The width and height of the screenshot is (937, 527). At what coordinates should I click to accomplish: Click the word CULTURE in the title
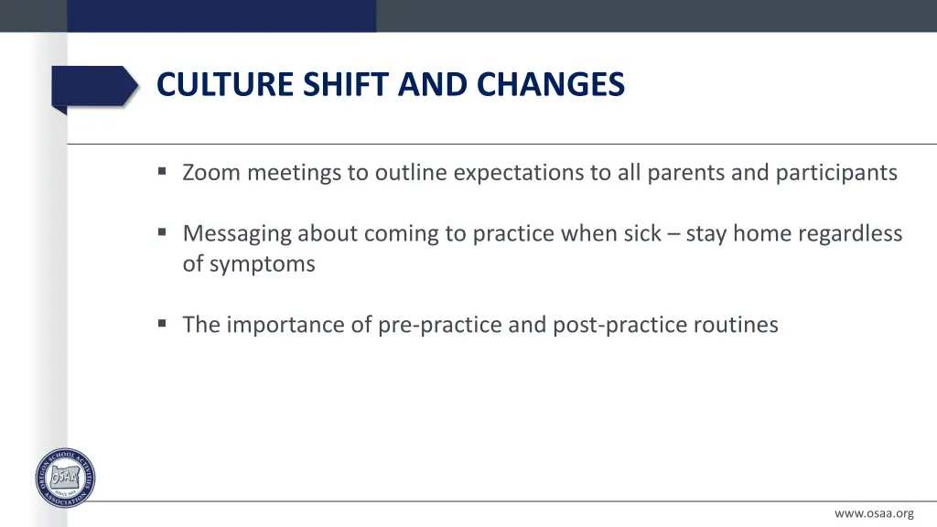coord(225,84)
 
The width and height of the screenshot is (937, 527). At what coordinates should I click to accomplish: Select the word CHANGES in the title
coord(550,84)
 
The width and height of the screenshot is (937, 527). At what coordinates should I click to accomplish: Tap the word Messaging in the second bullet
coord(237,234)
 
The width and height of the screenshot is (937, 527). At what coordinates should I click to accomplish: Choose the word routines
coord(736,325)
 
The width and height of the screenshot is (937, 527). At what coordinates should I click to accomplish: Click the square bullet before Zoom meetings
coord(162,171)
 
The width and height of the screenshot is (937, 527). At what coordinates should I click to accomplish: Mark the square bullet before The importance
coord(162,324)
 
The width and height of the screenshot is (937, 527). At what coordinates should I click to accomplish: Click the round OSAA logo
coord(65,478)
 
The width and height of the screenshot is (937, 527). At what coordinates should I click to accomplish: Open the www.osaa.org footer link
coord(874,513)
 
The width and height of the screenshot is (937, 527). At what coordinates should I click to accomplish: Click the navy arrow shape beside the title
coord(95,87)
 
